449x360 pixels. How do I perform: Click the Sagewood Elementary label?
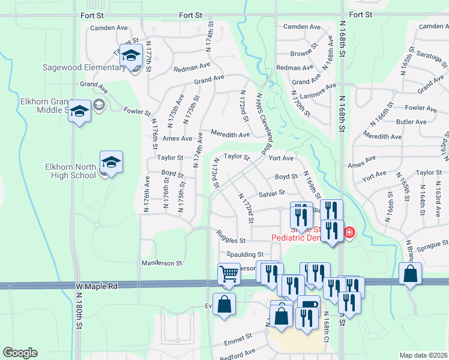(83, 67)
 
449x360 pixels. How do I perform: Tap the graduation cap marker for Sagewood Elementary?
(130, 56)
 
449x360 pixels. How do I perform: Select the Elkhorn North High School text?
(70, 171)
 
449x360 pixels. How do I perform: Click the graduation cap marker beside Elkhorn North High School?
(111, 162)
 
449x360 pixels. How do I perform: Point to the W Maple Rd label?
(96, 287)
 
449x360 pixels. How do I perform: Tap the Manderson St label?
(161, 263)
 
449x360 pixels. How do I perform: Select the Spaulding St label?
(244, 255)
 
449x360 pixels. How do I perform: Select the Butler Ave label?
(412, 122)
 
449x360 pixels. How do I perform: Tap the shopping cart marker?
(229, 274)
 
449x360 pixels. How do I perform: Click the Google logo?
(20, 353)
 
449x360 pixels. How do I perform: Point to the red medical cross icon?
(349, 232)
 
